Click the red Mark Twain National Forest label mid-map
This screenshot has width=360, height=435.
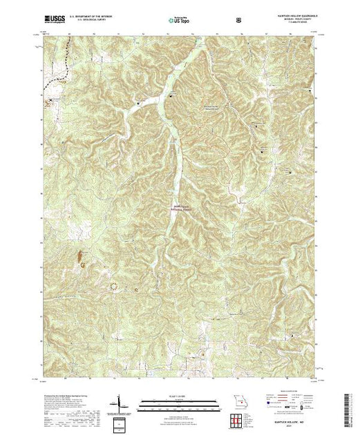[x=180, y=206]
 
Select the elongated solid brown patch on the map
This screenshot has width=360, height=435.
[x=83, y=260]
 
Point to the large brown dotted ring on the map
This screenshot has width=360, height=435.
[x=113, y=284]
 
